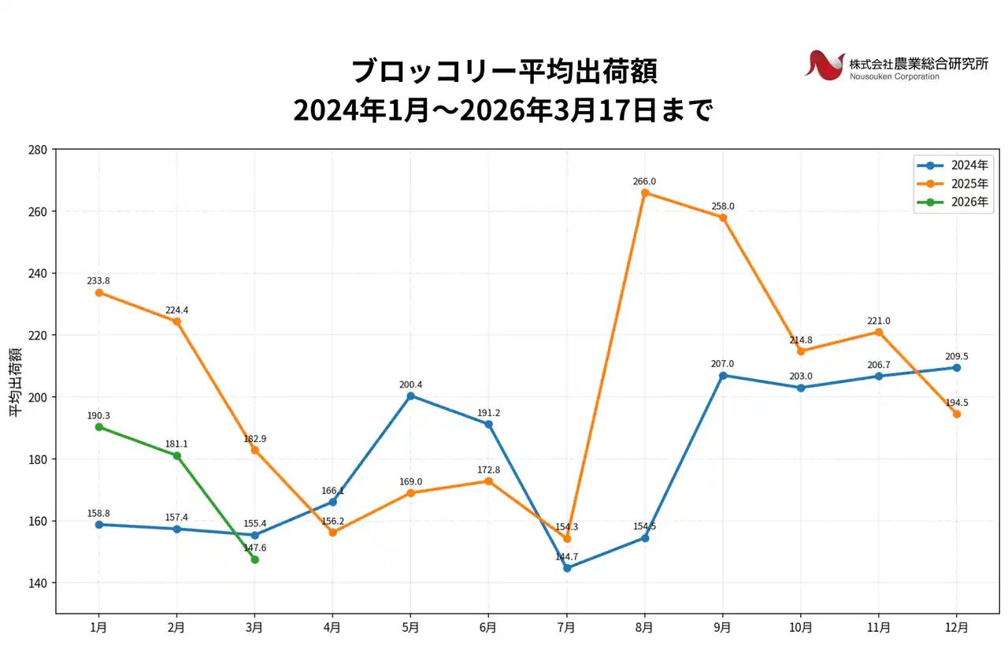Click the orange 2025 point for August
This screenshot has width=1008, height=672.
coord(645,193)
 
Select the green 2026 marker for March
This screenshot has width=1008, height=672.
coord(254,559)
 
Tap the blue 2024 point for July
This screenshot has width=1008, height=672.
coord(567,568)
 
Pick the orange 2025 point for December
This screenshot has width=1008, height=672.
coord(957,414)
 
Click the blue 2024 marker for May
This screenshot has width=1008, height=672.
coord(410,395)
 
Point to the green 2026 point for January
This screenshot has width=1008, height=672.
coord(99,427)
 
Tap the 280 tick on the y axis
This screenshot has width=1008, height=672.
coord(38,150)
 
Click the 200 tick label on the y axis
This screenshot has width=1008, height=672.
coord(38,397)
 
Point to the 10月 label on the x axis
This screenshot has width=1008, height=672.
coord(801,628)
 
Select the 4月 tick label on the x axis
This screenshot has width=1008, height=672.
coord(332,628)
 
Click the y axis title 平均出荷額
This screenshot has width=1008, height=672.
coord(15,381)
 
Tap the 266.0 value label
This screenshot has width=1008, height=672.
coord(644,181)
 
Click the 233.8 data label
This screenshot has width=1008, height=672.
coord(98,280)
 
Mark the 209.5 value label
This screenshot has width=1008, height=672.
coord(957,355)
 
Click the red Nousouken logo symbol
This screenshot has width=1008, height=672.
coord(824,65)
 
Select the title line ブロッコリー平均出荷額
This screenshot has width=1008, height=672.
coord(503,71)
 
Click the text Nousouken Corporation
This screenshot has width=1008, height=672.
coord(894,76)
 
